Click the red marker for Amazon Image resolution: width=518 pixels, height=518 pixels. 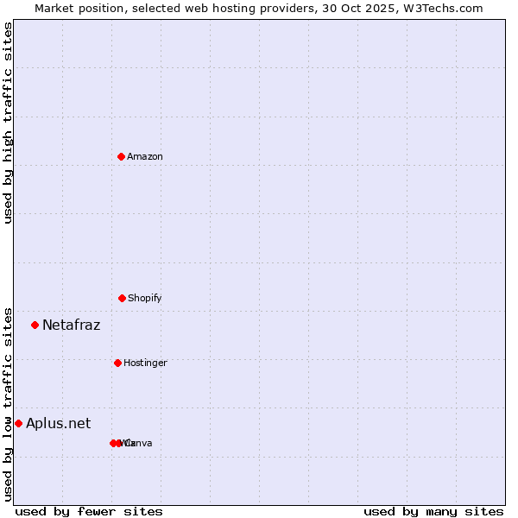121,156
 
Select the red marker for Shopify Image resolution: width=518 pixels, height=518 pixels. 122,298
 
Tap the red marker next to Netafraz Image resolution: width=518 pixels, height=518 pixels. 35,325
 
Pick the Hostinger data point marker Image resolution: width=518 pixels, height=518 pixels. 117,363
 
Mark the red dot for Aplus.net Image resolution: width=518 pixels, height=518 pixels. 18,423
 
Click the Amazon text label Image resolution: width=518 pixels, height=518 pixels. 145,156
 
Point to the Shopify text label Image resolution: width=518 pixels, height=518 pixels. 145,298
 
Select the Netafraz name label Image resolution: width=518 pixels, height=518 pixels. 71,325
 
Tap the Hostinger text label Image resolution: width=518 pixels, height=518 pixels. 145,363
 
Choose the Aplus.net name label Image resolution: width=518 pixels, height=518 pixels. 58,423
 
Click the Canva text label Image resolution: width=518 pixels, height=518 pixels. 140,443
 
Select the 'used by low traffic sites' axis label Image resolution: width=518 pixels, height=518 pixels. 8,403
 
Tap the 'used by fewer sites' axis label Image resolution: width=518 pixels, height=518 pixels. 89,511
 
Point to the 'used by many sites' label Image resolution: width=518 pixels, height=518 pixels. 433,511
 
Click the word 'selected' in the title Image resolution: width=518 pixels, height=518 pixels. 149,8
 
